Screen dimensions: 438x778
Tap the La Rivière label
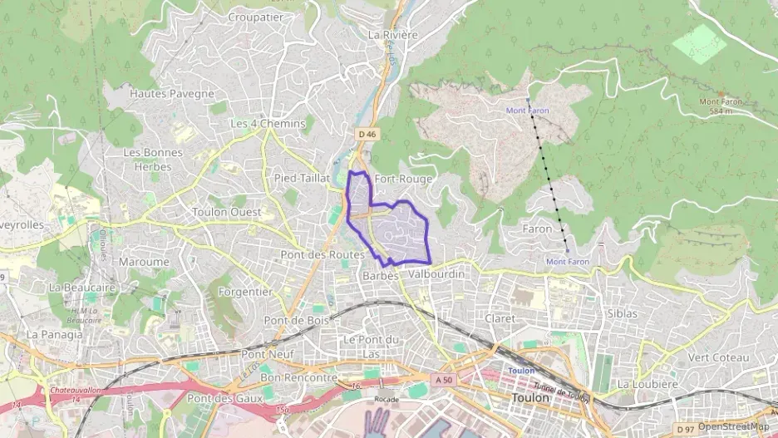392,35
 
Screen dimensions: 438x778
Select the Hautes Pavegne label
172,94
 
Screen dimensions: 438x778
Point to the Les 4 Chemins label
268,124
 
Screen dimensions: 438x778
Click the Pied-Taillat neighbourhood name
302,178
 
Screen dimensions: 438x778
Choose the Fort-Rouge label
402,179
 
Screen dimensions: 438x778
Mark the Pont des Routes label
323,253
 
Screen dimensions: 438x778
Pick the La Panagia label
55,334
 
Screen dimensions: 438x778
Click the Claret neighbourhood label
499,318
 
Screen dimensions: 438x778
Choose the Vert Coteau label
718,357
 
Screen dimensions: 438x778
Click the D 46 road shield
367,134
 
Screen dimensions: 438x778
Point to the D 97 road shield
685,428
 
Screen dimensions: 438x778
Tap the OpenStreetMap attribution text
733,426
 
